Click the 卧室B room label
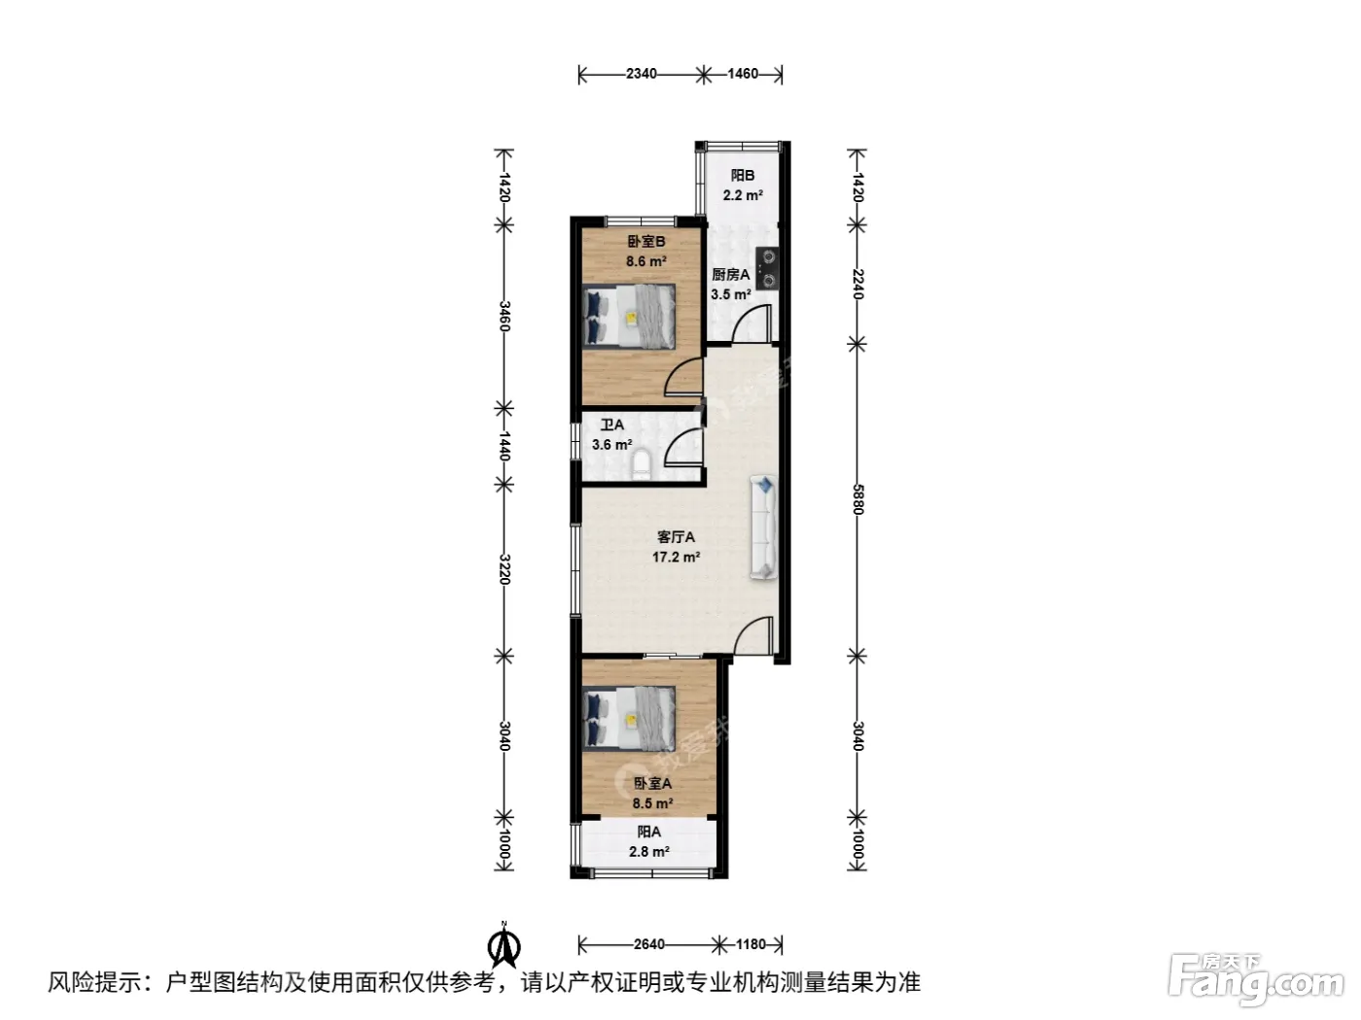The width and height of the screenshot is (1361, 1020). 646,241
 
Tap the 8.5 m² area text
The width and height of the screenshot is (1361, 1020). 652,803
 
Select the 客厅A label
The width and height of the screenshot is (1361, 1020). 676,537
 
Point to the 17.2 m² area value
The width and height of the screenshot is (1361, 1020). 676,557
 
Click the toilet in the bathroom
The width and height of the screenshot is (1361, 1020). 641,465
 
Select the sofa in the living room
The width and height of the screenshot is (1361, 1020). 764,527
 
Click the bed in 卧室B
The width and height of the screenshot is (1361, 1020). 629,316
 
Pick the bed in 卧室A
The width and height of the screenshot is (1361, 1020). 629,719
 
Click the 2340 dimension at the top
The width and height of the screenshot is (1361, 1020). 641,74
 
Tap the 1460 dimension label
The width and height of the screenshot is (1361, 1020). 743,74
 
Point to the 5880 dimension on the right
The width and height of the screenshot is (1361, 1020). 857,499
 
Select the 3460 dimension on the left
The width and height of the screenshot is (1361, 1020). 505,316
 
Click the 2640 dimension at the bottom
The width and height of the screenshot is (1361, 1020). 649,944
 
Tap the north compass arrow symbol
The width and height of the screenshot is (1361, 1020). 505,945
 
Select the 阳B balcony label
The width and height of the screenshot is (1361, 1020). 743,176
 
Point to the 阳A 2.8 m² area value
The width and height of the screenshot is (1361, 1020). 649,852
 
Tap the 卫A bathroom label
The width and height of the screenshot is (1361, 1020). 612,425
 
